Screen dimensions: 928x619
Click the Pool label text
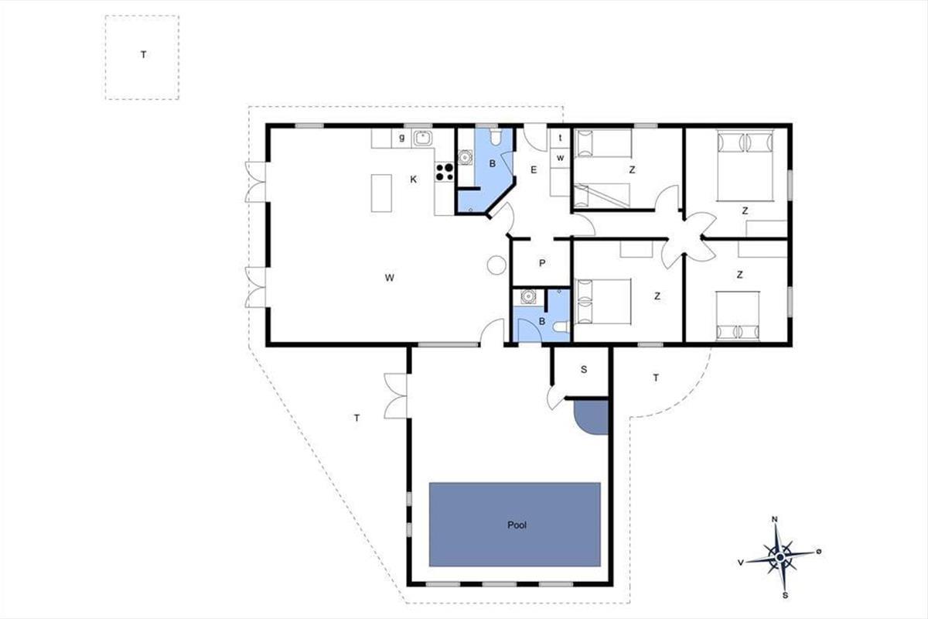517,525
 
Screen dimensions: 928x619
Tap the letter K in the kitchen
414,180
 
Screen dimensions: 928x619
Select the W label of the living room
390,278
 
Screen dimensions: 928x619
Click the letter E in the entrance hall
534,169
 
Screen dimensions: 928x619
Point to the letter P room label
542,263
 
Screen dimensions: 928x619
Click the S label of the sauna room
584,369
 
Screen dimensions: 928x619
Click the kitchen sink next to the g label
422,139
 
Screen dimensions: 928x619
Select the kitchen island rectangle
381,193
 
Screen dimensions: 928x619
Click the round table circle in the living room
496,265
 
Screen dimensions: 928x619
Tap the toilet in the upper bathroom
496,136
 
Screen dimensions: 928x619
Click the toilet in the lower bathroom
562,327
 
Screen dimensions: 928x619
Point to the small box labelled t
560,138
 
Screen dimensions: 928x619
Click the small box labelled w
560,158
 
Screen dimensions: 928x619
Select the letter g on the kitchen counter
401,138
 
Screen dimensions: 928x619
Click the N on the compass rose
774,519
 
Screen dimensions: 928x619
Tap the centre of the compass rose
780,557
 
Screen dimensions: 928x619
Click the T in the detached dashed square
143,54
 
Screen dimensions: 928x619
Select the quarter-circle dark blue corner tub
590,417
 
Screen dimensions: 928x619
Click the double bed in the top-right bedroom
745,166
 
